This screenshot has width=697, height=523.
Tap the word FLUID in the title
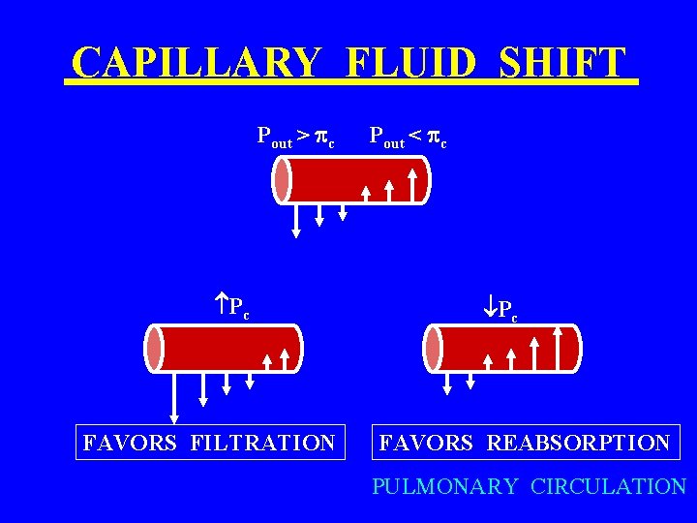click(x=409, y=64)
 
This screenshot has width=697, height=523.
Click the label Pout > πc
click(x=296, y=137)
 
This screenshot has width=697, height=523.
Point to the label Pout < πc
click(x=408, y=137)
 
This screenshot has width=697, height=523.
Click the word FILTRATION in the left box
click(x=263, y=444)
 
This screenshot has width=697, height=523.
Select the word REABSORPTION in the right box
click(x=578, y=444)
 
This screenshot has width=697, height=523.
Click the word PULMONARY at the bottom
click(x=445, y=486)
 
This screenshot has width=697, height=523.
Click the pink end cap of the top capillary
click(x=282, y=180)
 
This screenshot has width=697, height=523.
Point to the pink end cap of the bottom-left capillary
click(x=155, y=348)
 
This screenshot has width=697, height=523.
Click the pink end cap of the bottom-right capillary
click(x=434, y=348)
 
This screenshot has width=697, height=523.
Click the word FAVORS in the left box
click(x=130, y=444)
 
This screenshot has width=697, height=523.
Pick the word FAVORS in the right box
click(x=426, y=444)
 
